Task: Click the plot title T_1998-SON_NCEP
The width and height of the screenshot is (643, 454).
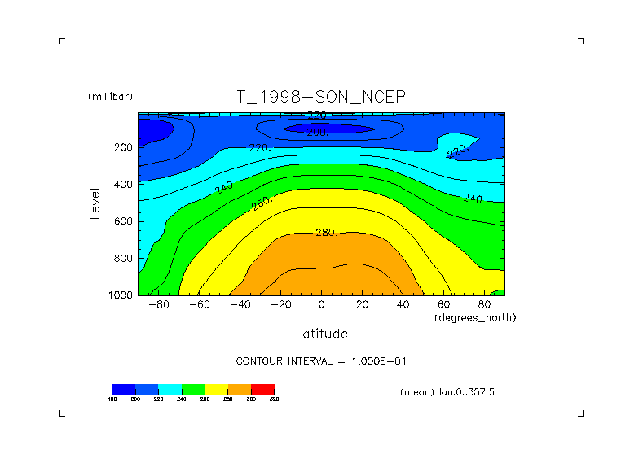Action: (320, 97)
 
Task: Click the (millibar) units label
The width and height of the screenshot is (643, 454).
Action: (110, 97)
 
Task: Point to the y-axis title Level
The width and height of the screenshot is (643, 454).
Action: (95, 203)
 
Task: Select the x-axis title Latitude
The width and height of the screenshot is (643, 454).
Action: (321, 334)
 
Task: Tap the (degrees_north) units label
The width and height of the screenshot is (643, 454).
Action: (475, 316)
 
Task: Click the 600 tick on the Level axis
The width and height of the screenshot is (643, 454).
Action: (124, 221)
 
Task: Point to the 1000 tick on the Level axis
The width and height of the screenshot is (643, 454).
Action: (121, 295)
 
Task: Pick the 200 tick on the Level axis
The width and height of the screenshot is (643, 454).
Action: (124, 148)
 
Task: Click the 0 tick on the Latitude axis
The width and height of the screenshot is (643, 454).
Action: (321, 304)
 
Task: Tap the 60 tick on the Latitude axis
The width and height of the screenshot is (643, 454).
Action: (444, 304)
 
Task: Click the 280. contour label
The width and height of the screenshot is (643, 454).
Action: (326, 233)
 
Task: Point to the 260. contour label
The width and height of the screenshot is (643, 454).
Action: (262, 203)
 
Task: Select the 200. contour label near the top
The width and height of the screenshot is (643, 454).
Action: (317, 132)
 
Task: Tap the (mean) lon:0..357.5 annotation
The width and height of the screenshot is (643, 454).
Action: (447, 392)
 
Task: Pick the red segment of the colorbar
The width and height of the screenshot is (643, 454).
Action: (262, 389)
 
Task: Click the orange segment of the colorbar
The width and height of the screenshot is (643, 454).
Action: (240, 389)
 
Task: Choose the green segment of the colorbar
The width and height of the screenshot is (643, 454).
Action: (193, 389)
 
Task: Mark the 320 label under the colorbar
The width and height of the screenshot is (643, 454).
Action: (275, 399)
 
